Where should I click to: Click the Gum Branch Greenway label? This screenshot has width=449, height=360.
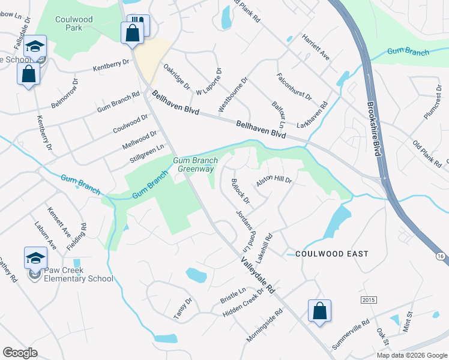point(194,164)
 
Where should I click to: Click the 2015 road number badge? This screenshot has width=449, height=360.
point(368,299)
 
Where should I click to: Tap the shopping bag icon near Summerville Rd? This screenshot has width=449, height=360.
point(319,311)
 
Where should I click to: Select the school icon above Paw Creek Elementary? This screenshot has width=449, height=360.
point(35,258)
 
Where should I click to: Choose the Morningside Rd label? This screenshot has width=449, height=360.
point(265,326)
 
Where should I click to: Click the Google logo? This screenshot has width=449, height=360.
point(20,353)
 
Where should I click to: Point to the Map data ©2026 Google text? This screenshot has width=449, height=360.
point(411,355)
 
